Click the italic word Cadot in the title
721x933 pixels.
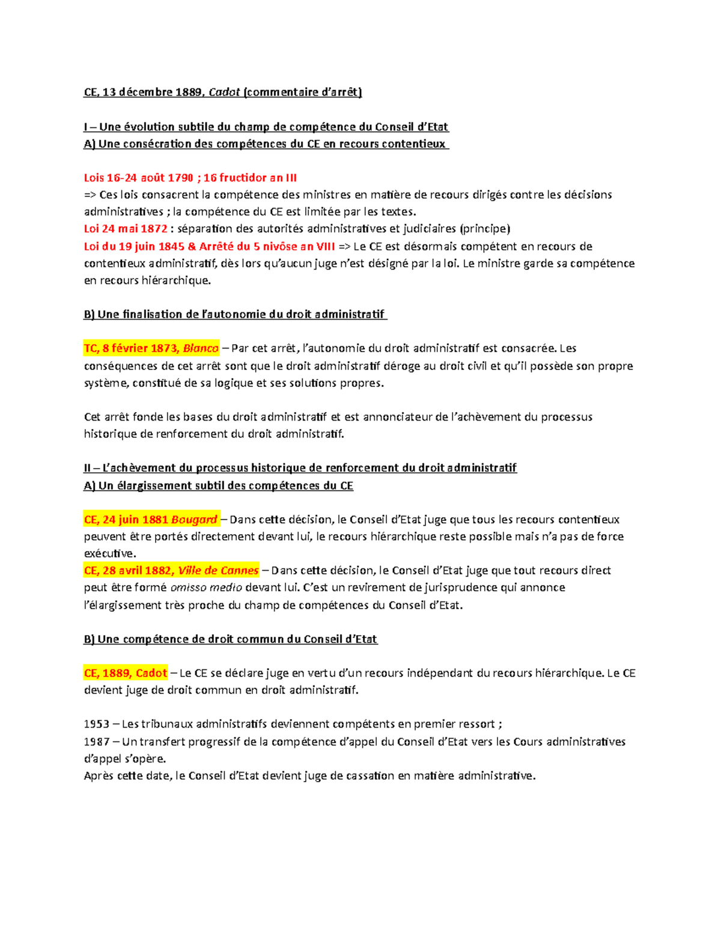click(224, 93)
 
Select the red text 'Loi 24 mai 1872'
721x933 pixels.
click(126, 229)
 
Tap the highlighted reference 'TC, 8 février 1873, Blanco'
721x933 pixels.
click(151, 348)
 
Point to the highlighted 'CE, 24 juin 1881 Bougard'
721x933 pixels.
click(151, 520)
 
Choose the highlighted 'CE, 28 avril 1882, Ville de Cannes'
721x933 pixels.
click(172, 571)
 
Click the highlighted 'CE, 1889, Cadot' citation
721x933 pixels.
click(126, 673)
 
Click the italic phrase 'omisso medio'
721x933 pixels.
click(206, 588)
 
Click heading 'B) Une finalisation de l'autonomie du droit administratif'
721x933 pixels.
click(235, 314)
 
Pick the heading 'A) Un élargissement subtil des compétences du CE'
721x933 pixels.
click(218, 485)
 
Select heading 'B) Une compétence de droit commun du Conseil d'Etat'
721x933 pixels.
click(231, 639)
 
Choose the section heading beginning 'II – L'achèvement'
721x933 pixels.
click(300, 468)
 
